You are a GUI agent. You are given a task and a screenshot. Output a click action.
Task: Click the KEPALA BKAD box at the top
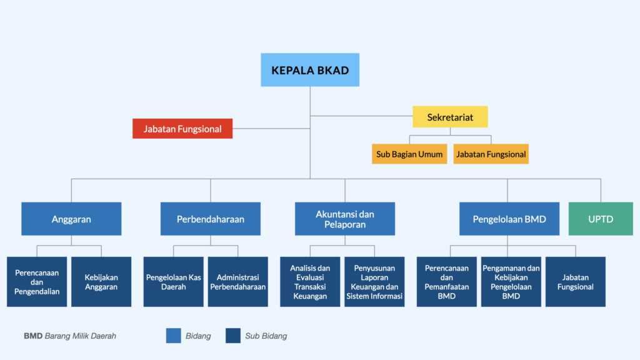[310, 70]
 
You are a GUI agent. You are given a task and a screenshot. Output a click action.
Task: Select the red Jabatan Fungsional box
[182, 129]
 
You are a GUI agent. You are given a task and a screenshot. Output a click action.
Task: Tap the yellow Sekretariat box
[450, 117]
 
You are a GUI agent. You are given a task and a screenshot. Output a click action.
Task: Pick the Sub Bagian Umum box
[409, 154]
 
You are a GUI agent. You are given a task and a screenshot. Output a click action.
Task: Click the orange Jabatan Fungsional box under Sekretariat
[491, 154]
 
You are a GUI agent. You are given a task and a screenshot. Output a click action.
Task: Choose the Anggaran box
[71, 219]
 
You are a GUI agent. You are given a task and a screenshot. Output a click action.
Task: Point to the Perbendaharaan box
[211, 219]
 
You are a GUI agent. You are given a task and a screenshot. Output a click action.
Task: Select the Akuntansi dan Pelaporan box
[345, 219]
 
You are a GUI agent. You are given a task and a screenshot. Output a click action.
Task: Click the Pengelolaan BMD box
[509, 219]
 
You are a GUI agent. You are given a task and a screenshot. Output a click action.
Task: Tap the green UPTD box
[601, 219]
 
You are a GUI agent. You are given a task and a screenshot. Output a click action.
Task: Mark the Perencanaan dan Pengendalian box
[37, 282]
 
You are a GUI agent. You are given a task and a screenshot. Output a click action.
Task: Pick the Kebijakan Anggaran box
[101, 282]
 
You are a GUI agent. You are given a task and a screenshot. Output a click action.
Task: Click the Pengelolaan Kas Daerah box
[174, 282]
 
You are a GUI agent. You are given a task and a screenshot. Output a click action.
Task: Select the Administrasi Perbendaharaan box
[238, 282]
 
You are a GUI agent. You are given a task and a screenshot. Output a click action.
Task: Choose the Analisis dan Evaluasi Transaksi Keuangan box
[310, 282]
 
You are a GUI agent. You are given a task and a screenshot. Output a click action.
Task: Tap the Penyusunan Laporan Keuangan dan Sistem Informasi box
[374, 282]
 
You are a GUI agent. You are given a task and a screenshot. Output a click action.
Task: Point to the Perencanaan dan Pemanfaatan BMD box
[446, 282]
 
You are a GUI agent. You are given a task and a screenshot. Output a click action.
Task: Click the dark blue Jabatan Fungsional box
[576, 282]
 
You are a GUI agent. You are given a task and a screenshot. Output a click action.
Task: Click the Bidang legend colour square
[174, 336]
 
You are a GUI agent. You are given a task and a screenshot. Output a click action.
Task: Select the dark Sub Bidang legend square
[233, 336]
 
